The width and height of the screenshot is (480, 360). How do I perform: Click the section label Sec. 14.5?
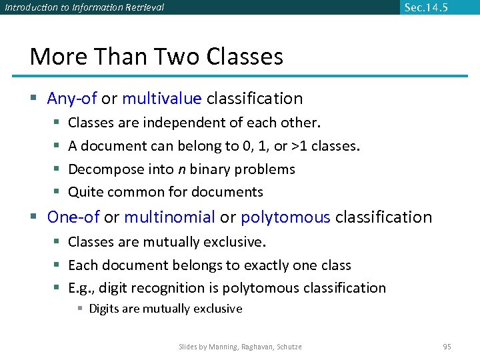[x=425, y=7]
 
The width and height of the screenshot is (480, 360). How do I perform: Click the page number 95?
[x=447, y=347]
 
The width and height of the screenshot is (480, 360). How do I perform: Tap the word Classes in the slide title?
[x=245, y=57]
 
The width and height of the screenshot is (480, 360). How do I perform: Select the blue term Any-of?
[x=72, y=99]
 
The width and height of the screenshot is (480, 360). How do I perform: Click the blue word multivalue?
[x=161, y=99]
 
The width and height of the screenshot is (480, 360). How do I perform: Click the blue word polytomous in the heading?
[x=285, y=217]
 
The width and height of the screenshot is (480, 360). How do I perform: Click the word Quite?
[x=86, y=192]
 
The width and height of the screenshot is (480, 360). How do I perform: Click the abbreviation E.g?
[x=81, y=288]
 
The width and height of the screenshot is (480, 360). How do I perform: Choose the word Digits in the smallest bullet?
[x=103, y=309]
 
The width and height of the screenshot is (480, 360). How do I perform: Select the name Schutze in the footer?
[x=288, y=347]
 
